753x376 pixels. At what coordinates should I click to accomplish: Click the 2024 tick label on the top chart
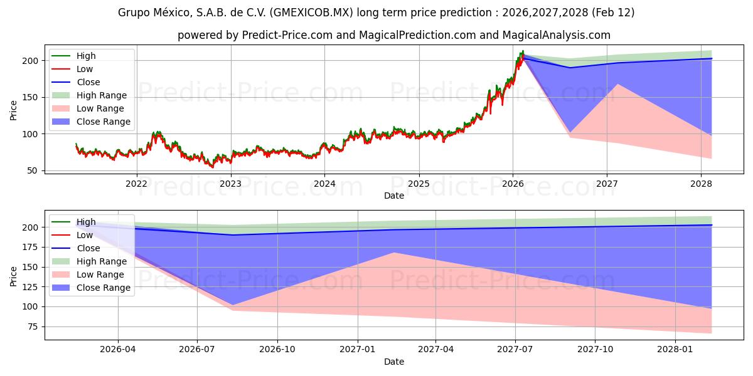tap(324, 184)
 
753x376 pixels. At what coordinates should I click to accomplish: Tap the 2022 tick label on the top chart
tap(136, 184)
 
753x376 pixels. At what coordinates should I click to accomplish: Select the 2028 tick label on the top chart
tap(701, 184)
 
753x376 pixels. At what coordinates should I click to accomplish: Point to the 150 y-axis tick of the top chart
tap(30, 97)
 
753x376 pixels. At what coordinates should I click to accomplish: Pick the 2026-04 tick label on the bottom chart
tap(118, 350)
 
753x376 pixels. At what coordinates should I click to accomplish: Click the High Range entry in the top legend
tap(101, 95)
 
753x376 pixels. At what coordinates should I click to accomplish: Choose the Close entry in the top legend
tap(88, 82)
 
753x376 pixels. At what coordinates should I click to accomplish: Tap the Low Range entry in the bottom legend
tap(100, 274)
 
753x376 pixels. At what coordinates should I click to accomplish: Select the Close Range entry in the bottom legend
tap(104, 288)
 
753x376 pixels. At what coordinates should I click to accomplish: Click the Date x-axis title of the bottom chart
tap(393, 362)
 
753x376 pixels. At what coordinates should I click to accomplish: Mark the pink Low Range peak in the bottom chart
tap(393, 253)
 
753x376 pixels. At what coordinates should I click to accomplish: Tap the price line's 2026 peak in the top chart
tap(523, 51)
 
